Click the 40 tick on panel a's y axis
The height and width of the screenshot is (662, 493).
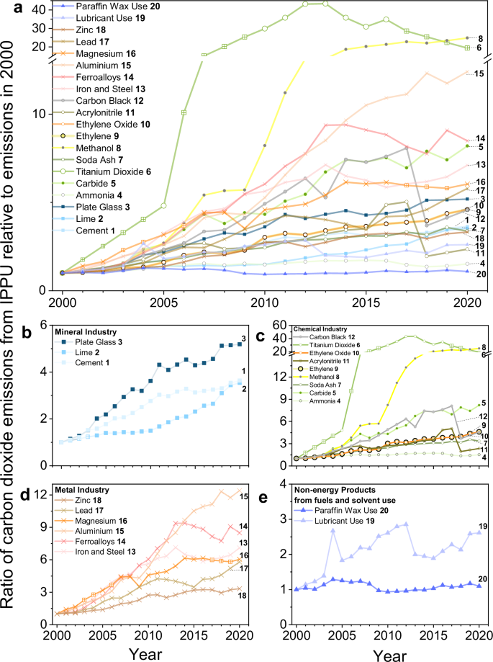40,9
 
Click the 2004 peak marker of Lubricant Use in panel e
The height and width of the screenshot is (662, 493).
314,531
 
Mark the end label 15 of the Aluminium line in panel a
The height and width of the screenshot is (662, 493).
479,73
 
